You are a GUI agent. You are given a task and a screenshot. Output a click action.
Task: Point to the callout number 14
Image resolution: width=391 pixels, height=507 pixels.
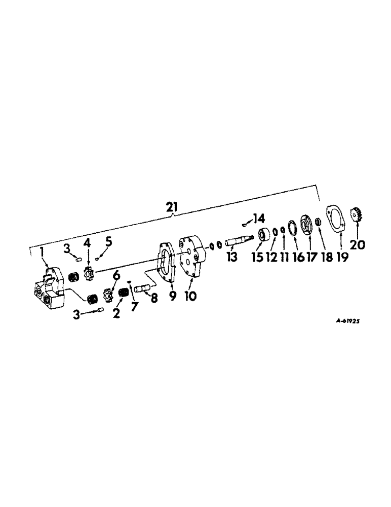coord(259,219)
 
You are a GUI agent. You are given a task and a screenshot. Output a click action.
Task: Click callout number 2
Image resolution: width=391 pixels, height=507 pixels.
coord(116,313)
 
